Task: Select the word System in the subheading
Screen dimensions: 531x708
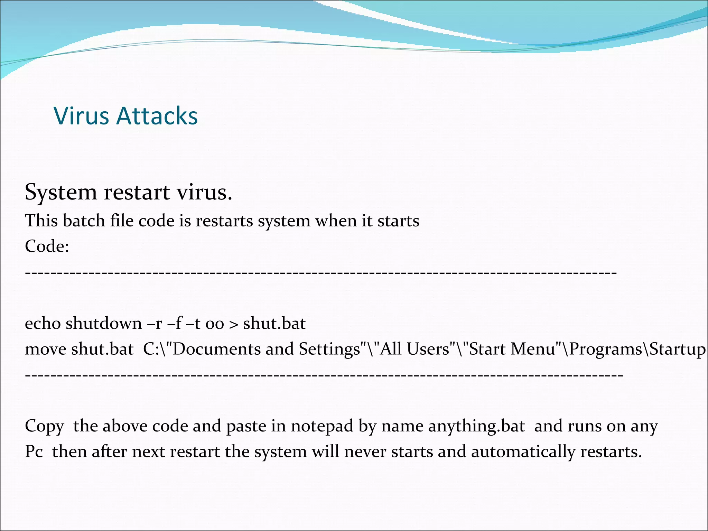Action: tap(61, 192)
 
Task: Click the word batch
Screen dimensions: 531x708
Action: tap(84, 221)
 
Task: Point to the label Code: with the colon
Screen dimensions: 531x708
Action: tap(47, 246)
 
